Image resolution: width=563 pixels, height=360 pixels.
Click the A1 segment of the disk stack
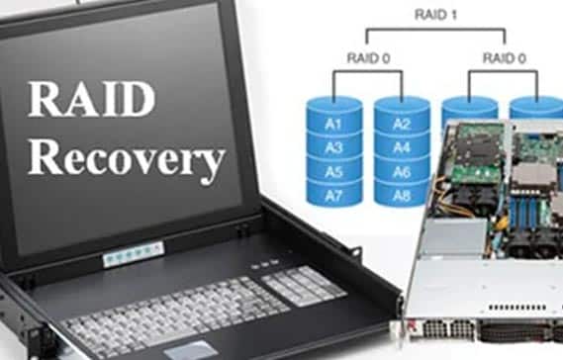click(x=331, y=125)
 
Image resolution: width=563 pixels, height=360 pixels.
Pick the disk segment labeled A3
click(x=331, y=147)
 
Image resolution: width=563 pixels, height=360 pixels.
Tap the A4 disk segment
click(x=400, y=148)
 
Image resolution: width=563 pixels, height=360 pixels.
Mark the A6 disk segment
click(x=400, y=171)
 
